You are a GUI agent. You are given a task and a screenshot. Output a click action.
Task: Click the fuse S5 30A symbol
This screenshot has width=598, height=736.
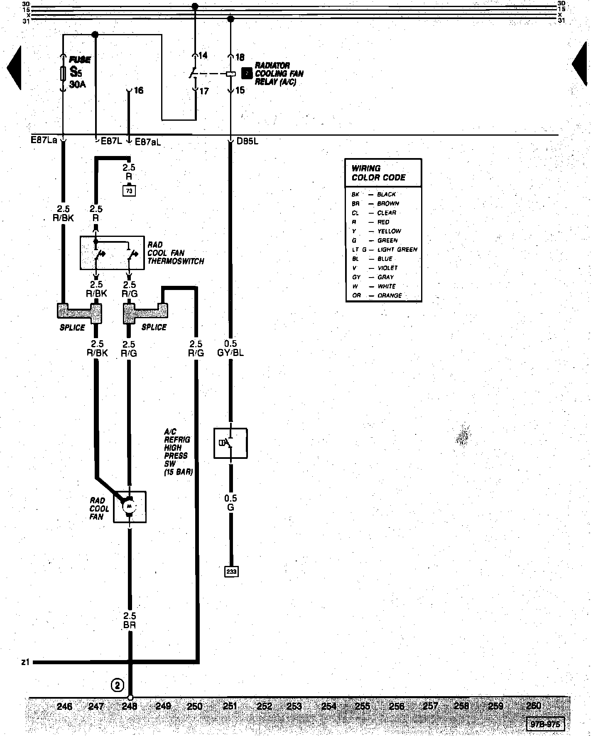point(63,73)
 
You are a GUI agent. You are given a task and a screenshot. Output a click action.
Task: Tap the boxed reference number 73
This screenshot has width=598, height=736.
point(130,190)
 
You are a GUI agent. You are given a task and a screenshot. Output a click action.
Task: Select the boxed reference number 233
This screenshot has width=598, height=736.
point(231,572)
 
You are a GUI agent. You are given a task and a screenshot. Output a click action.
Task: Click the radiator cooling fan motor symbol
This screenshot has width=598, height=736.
point(129,507)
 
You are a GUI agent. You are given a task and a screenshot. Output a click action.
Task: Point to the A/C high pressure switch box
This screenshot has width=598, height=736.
point(230,443)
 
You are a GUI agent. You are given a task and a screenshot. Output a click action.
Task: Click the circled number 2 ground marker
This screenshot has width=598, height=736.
point(118,685)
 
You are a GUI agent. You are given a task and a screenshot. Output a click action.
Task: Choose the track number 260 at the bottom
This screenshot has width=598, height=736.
point(533,705)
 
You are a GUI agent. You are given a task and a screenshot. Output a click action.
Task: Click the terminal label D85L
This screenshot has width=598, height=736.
point(248,141)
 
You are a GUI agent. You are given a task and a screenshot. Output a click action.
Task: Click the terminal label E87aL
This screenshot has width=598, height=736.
point(148,141)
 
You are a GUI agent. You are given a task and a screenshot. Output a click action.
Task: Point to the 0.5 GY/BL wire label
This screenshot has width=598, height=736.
point(230,348)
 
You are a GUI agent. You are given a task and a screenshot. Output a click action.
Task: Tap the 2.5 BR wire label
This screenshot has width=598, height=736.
point(130,621)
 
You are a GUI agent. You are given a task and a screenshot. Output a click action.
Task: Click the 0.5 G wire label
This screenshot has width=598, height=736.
point(230,502)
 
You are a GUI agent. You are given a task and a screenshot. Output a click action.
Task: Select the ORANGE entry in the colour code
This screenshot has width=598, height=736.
point(389,295)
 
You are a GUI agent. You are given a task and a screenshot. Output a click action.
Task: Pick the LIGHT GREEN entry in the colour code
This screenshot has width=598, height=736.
point(397,249)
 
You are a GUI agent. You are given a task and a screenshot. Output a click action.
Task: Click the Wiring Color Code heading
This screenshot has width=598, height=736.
point(378,173)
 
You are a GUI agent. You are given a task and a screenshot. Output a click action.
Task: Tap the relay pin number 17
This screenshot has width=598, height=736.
point(204,91)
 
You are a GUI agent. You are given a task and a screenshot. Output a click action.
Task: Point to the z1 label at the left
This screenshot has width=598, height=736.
point(25,663)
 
